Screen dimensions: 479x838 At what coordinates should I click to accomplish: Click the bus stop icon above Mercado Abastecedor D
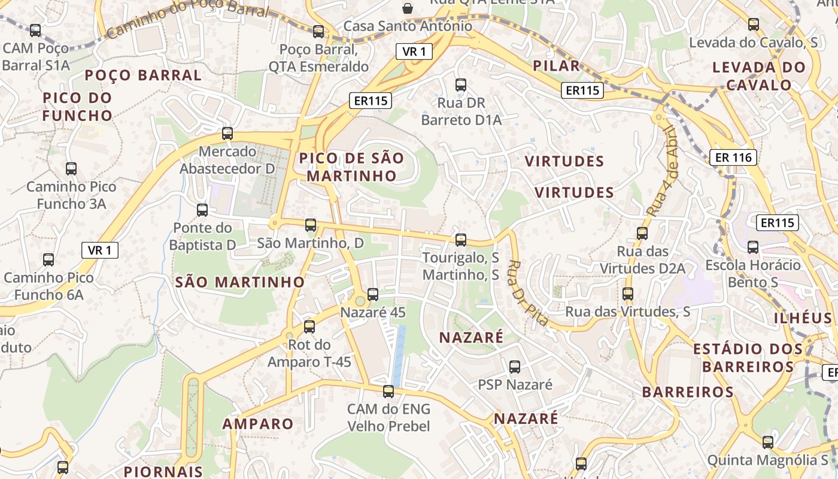click(227, 134)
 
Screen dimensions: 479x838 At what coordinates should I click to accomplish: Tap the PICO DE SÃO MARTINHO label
click(351, 167)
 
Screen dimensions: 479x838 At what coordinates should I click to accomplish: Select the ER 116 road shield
click(733, 157)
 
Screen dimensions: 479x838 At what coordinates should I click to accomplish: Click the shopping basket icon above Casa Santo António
click(408, 8)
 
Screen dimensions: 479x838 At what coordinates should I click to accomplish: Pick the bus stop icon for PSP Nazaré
click(515, 367)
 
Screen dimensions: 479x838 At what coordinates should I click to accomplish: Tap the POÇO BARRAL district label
click(143, 75)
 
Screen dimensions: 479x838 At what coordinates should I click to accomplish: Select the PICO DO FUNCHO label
click(77, 107)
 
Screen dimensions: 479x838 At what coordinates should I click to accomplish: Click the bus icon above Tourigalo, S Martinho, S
click(461, 240)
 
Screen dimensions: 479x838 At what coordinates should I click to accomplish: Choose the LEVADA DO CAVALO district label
click(759, 76)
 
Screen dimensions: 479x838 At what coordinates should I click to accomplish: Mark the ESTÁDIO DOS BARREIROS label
click(748, 357)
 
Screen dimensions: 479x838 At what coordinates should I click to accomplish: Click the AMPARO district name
click(258, 424)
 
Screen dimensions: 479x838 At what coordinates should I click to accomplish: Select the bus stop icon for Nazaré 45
click(373, 295)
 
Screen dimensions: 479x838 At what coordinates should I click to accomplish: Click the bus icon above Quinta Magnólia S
click(768, 442)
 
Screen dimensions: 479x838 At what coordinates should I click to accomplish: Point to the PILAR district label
click(556, 66)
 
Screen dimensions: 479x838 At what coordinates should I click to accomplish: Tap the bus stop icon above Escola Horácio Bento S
click(753, 247)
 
